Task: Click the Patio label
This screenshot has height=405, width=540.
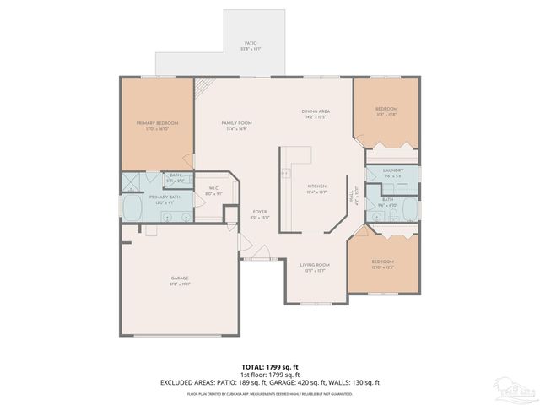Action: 251,45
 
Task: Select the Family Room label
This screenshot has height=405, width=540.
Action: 237,126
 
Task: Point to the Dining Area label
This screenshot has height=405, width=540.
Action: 316,114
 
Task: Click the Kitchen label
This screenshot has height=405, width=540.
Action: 316,188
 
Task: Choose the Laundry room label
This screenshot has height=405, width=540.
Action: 392,172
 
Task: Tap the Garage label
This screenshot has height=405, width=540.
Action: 180,281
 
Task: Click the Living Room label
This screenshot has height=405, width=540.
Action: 316,267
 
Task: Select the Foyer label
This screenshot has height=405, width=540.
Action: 260,214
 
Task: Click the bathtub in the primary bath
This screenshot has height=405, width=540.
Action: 132,208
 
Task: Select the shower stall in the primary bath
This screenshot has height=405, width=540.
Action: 132,181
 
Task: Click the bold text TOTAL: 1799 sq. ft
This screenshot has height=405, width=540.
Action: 269,367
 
